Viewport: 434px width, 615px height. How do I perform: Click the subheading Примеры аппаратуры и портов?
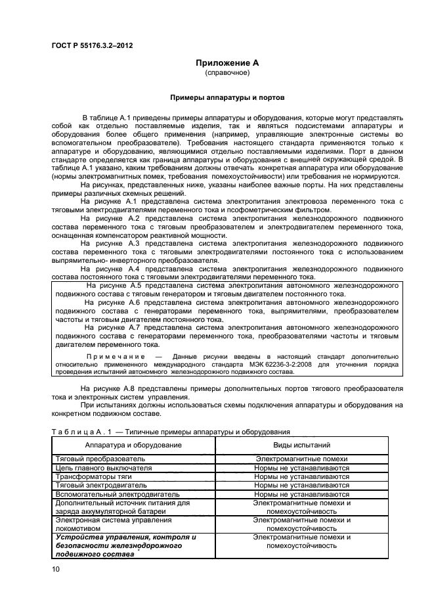coord(227,97)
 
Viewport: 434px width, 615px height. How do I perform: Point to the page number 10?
coord(55,570)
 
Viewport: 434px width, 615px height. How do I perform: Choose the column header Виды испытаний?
coord(301,445)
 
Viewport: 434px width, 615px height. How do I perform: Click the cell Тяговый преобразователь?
coord(100,459)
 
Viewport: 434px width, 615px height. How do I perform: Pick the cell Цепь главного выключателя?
coord(105,468)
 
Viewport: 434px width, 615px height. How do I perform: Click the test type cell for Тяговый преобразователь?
coord(301,459)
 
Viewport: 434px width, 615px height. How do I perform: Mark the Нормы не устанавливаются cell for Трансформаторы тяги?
coord(301,476)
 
